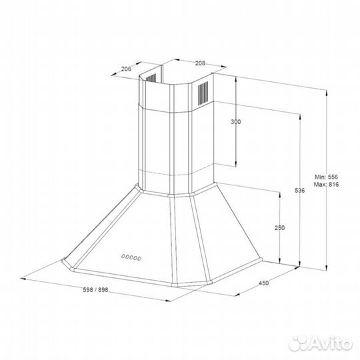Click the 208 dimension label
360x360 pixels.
coord(200,63)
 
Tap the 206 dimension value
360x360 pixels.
coord(126,69)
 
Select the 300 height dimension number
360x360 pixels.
coord(236,122)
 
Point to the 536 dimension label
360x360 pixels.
coord(300,190)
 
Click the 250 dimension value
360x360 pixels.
coord(279,228)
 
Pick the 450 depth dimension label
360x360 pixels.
coord(263,283)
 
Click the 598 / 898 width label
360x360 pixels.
coord(95,290)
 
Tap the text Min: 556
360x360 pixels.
coord(326,177)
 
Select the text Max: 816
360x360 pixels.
coord(326,185)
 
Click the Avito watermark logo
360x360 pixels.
coord(321,343)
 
